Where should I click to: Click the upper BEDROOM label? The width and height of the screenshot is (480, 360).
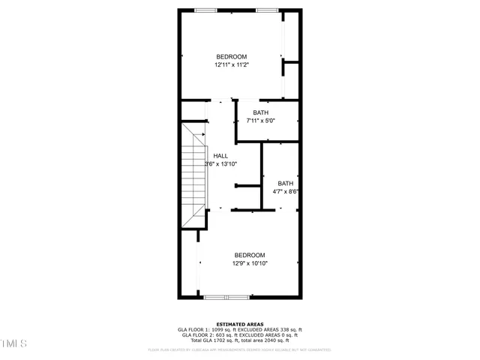pyautogui.click(x=231, y=57)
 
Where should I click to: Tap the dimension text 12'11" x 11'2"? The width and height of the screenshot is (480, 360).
pyautogui.click(x=231, y=65)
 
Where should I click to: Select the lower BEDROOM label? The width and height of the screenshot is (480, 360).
pyautogui.click(x=249, y=255)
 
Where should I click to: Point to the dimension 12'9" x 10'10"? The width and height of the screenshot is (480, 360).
pyautogui.click(x=249, y=263)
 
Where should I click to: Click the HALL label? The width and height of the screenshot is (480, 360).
pyautogui.click(x=220, y=156)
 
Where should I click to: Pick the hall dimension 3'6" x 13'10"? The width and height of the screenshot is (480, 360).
pyautogui.click(x=220, y=163)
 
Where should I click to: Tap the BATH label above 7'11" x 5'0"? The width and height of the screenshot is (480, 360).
pyautogui.click(x=260, y=112)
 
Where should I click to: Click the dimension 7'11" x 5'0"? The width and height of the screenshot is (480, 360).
pyautogui.click(x=260, y=120)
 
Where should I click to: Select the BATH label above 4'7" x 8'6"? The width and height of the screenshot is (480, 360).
pyautogui.click(x=286, y=183)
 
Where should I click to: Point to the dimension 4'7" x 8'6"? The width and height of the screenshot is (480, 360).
pyautogui.click(x=286, y=191)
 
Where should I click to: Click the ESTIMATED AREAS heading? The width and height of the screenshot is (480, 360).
pyautogui.click(x=239, y=324)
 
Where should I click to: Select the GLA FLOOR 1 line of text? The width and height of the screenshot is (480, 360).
pyautogui.click(x=239, y=329)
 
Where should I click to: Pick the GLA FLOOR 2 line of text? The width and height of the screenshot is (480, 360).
pyautogui.click(x=239, y=334)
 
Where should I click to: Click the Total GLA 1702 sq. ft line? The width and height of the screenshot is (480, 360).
pyautogui.click(x=239, y=340)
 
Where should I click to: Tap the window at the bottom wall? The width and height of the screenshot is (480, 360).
pyautogui.click(x=226, y=297)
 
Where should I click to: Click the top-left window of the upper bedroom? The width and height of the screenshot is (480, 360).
pyautogui.click(x=205, y=10)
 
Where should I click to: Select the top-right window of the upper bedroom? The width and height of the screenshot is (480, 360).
pyautogui.click(x=266, y=10)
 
